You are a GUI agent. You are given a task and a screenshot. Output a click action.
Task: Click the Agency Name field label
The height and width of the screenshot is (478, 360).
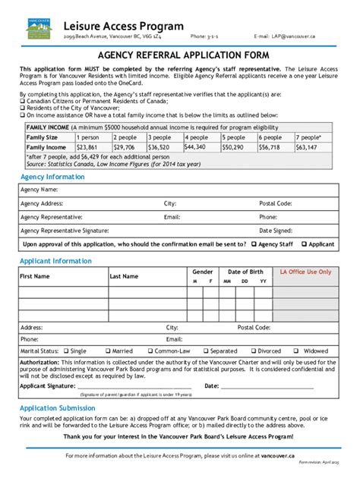point(39,189)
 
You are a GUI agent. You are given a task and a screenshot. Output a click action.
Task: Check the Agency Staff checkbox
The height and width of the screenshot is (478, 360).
point(254,244)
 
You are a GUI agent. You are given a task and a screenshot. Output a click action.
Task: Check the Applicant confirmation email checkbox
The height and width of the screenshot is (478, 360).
point(304,244)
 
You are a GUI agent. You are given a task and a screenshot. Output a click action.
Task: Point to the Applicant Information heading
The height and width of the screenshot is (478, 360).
point(55,260)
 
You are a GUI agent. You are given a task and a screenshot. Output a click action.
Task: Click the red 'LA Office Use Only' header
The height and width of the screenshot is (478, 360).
point(306,272)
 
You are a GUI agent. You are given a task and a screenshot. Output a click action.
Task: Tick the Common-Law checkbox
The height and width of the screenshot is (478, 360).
point(148,351)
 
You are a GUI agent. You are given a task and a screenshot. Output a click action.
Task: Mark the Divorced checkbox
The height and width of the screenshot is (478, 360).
point(251,351)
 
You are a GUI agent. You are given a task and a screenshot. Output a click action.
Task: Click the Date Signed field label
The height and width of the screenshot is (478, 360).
point(276,230)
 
